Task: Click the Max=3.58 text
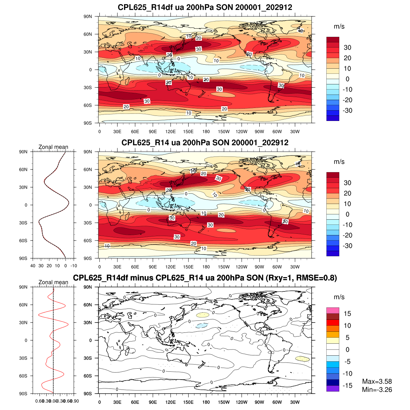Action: (x=377, y=382)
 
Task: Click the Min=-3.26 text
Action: (x=377, y=390)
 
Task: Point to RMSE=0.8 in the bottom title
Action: (x=316, y=278)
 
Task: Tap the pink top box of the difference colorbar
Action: (x=332, y=311)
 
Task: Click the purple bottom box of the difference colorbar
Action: (x=332, y=388)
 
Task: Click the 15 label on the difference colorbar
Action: (x=347, y=314)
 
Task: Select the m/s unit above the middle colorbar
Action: (x=339, y=162)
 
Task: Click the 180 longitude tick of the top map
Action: (x=206, y=132)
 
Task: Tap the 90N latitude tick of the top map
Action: (x=88, y=16)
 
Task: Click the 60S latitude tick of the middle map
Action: (x=88, y=241)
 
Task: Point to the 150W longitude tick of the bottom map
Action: (x=224, y=402)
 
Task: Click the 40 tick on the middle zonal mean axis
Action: (x=33, y=265)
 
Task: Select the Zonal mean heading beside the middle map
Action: (x=53, y=147)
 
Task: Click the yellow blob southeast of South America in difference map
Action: (x=302, y=359)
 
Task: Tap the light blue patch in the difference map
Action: (x=202, y=326)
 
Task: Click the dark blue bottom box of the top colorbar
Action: (x=332, y=118)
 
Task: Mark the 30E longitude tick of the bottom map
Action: (x=117, y=402)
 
